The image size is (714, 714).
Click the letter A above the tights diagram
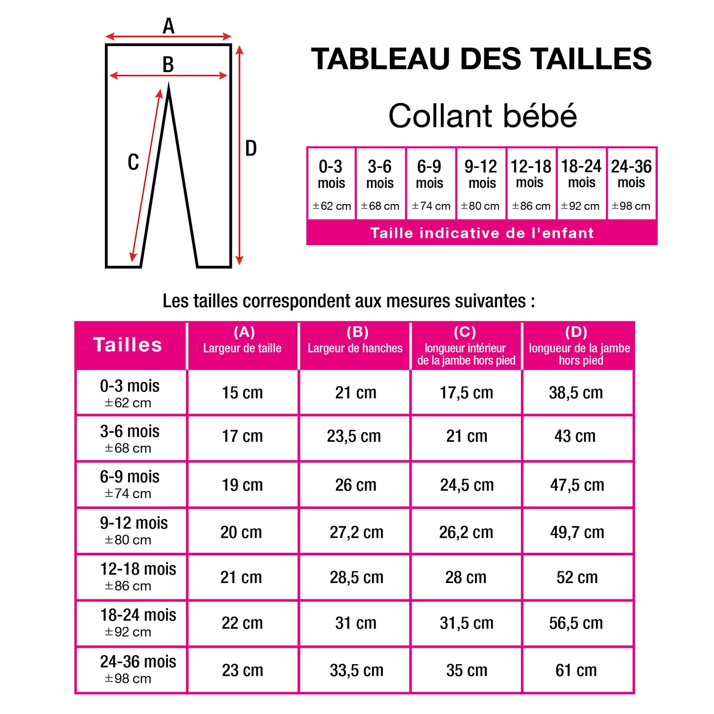tap(168, 26)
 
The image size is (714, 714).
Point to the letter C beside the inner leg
tap(133, 162)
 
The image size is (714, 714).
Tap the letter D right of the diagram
tap(251, 148)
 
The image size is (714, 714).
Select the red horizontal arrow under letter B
tap(168, 76)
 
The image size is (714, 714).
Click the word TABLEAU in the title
tap(381, 59)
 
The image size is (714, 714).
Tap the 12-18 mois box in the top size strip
tap(531, 183)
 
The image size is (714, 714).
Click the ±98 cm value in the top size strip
tap(631, 206)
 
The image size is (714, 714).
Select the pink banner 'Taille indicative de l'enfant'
tap(482, 233)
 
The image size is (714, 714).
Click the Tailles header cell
tap(128, 345)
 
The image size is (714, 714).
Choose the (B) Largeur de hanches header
tap(355, 345)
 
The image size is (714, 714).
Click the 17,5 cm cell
tap(466, 393)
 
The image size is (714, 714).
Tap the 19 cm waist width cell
tap(242, 485)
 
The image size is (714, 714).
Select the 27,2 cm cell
tap(356, 532)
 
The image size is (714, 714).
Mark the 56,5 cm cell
tap(576, 623)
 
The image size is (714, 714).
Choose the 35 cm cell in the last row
tap(466, 670)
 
